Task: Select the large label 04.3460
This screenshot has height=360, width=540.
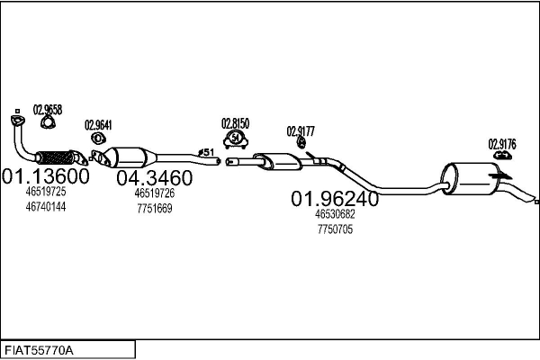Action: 155,176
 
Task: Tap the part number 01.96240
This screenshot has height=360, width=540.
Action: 334,198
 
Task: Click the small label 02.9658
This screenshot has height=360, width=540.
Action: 47,110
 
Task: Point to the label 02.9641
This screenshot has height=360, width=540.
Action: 98,125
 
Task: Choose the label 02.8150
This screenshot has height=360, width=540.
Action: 235,122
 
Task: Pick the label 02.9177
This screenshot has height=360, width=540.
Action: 301,130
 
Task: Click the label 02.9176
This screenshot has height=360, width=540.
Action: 502,142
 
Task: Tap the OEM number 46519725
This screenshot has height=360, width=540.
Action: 45,192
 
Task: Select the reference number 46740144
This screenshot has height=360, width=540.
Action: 45,206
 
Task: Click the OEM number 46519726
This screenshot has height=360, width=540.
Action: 154,193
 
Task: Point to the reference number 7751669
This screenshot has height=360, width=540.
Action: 154,207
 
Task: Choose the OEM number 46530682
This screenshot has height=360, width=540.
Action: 335,214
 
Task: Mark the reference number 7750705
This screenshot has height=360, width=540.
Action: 335,229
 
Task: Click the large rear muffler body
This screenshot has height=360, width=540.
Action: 468,178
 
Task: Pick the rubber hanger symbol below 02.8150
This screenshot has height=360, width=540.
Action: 236,139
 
